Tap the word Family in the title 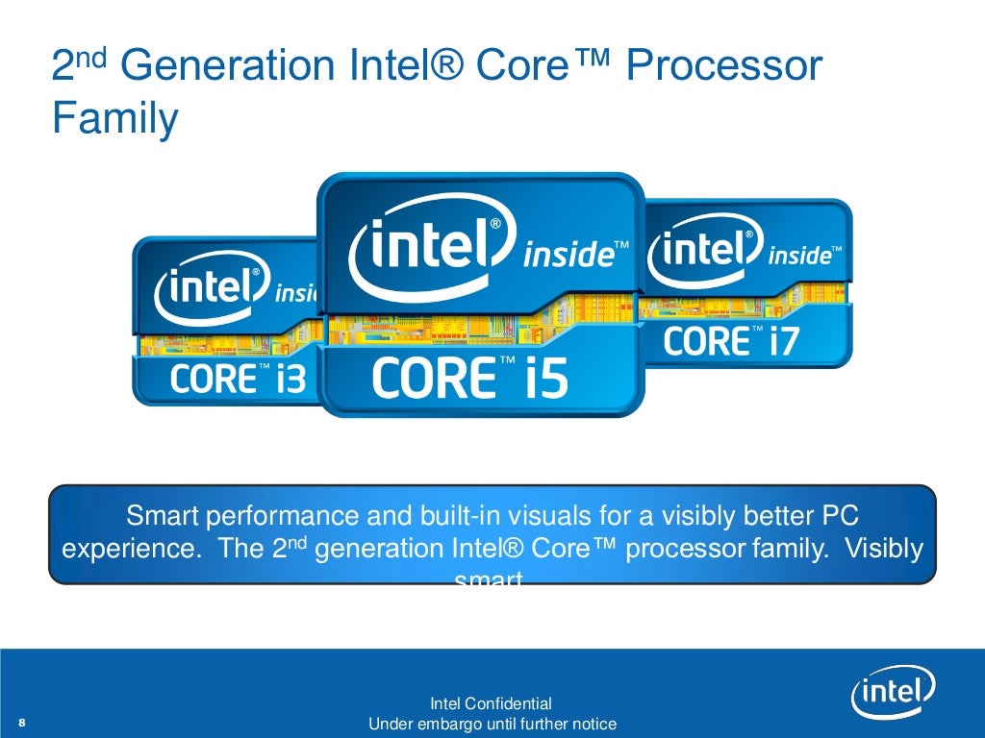(114, 120)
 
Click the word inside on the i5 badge (568, 256)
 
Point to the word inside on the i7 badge (800, 256)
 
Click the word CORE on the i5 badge (428, 378)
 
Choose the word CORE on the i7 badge (706, 341)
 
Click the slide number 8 (21, 723)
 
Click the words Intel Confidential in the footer (492, 703)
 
